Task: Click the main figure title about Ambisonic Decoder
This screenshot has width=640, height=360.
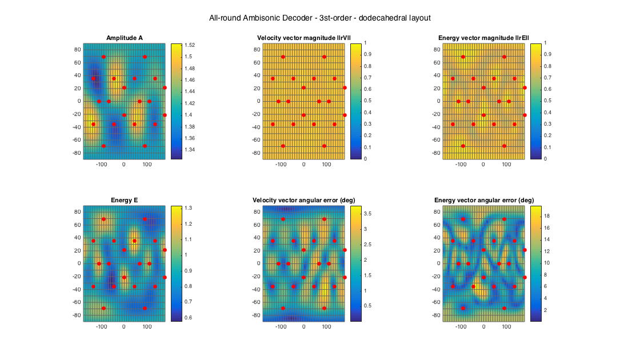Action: pyautogui.click(x=319, y=18)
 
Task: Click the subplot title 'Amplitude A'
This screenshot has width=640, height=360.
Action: pyautogui.click(x=125, y=38)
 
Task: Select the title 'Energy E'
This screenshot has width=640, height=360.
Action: pyautogui.click(x=125, y=201)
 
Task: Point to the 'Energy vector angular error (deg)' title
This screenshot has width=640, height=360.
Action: pyautogui.click(x=484, y=201)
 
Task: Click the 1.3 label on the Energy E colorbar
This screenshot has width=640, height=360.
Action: pyautogui.click(x=189, y=208)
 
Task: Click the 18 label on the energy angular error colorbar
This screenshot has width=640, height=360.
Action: pyautogui.click(x=547, y=217)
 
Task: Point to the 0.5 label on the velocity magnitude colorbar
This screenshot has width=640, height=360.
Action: pyautogui.click(x=369, y=101)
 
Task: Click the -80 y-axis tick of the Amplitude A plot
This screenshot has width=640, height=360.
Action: pyautogui.click(x=78, y=153)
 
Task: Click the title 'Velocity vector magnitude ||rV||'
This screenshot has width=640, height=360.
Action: pyautogui.click(x=303, y=38)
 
